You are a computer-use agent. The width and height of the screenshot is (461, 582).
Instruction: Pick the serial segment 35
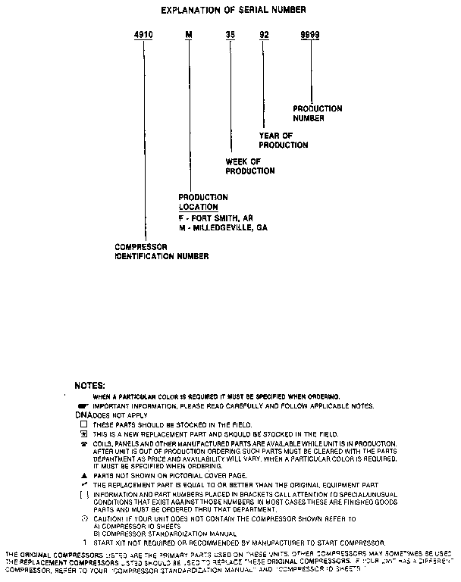[x=228, y=35]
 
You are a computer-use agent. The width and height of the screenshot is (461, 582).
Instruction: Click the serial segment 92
[x=264, y=35]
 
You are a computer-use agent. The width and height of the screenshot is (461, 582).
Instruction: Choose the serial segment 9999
[x=309, y=35]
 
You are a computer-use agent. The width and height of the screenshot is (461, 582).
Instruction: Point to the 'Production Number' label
[x=317, y=114]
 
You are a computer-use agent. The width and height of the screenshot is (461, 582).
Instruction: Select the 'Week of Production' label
[x=250, y=166]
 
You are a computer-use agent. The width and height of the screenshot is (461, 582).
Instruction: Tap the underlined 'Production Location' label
[x=203, y=202]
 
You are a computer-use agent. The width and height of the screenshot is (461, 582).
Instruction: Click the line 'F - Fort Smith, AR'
[x=215, y=217]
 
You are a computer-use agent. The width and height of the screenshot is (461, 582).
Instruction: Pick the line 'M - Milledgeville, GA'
[x=223, y=227]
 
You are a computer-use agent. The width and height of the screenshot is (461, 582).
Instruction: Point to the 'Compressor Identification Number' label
[x=161, y=252]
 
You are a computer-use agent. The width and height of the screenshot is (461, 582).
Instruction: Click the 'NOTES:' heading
[x=84, y=386]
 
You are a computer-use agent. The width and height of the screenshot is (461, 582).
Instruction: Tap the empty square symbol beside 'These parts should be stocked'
[x=84, y=425]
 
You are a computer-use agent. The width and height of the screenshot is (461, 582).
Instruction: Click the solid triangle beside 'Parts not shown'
[x=84, y=474]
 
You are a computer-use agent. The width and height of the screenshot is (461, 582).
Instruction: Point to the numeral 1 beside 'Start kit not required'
[x=84, y=543]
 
